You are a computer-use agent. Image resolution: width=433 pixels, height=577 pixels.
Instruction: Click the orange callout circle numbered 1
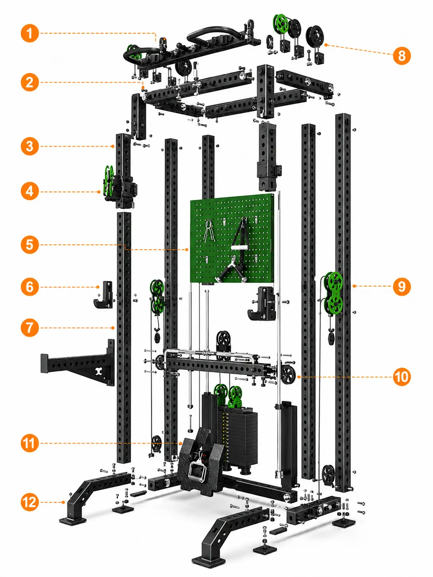(x=30, y=33)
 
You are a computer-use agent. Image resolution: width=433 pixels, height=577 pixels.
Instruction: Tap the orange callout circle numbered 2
(x=30, y=82)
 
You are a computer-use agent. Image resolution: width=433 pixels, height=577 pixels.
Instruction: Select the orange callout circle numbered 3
(x=30, y=146)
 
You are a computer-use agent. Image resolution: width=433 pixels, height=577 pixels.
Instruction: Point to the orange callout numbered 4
(x=30, y=191)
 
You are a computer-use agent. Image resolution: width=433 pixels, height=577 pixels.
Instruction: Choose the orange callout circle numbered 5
(x=30, y=245)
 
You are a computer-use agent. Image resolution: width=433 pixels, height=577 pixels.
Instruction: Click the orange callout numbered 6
(x=30, y=287)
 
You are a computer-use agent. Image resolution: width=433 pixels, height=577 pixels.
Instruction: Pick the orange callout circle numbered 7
(x=30, y=328)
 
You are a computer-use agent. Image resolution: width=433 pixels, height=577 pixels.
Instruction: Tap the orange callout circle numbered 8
(x=402, y=55)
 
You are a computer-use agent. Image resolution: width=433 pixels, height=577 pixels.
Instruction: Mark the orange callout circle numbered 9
(x=402, y=286)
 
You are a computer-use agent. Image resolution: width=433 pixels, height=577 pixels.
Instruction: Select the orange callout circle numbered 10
(x=402, y=377)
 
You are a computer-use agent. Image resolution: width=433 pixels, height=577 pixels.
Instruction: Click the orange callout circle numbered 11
(x=30, y=443)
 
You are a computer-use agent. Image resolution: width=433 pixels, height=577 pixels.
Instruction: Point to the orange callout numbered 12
(x=30, y=502)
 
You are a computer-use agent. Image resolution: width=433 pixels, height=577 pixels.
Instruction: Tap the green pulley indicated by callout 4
(x=108, y=181)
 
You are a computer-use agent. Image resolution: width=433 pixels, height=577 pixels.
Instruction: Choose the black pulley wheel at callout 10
(x=288, y=375)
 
